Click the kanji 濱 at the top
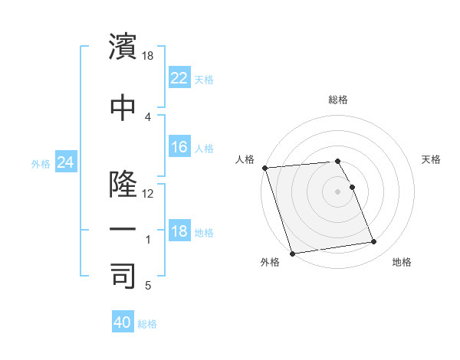[123, 47]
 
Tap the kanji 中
[123, 107]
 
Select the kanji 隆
[123, 184]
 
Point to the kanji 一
[123, 230]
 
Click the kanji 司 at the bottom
[123, 276]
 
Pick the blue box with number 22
[179, 77]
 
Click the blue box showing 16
[179, 147]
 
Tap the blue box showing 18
[179, 231]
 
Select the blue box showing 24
[65, 162]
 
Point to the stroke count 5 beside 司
[147, 286]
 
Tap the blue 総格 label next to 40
[147, 324]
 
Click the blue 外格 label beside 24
[41, 163]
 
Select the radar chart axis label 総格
[338, 100]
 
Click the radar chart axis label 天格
[431, 159]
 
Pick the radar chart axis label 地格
[402, 262]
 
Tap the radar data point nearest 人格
[264, 168]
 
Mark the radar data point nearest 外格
[292, 253]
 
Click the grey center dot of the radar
[338, 191]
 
